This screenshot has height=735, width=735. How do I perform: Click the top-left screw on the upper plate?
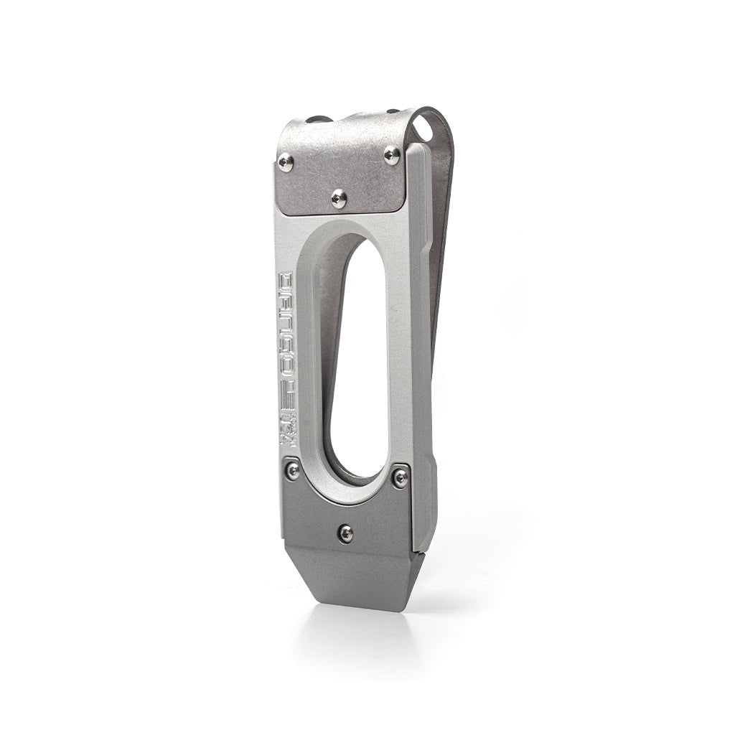point(286,161)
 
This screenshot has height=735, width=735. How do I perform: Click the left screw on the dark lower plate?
point(293,471)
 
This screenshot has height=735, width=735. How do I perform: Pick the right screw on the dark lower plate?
point(401,476)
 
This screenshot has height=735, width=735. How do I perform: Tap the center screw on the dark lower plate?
point(346,533)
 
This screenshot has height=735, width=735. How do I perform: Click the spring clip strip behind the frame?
point(439,287)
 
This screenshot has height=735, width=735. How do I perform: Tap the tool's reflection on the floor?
point(359,639)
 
